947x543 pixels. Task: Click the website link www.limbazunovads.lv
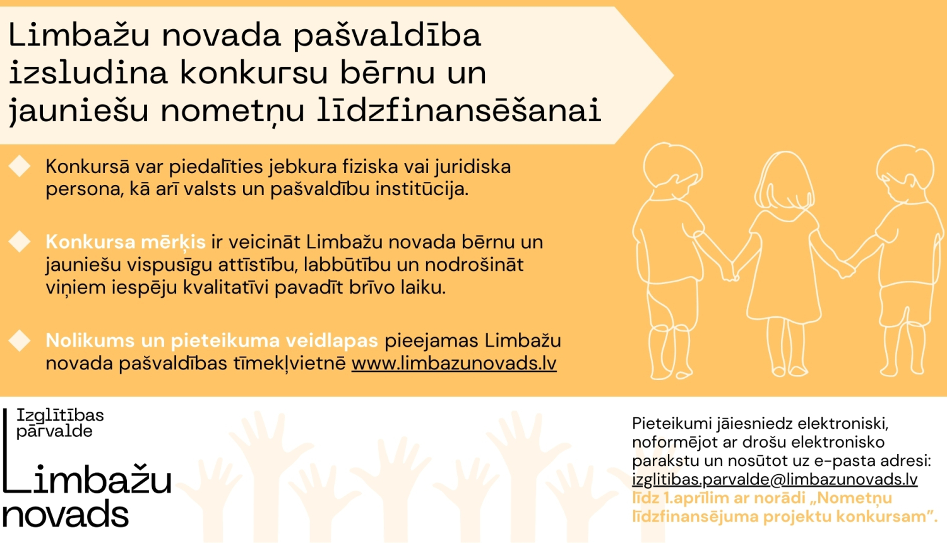(x=454, y=364)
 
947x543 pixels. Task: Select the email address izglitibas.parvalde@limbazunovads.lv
(x=775, y=479)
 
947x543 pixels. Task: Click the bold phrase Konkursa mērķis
(x=126, y=242)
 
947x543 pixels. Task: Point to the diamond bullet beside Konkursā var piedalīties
(x=20, y=166)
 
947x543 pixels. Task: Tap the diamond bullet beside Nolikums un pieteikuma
(x=20, y=340)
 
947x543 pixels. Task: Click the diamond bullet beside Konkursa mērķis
(x=20, y=241)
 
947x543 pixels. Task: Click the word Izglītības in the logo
(x=60, y=415)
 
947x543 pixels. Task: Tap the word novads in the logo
(x=66, y=515)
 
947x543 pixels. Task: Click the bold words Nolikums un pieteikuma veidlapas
(x=211, y=341)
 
